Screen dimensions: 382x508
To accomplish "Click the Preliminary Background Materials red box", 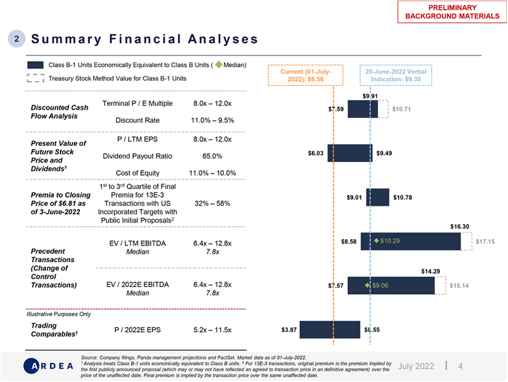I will pos(452,12).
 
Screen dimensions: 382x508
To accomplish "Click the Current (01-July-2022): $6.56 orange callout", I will pos(305,75).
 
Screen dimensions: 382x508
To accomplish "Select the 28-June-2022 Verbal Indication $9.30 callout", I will pos(396,75).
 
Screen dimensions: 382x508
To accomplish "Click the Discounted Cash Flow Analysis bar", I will pos(362,109).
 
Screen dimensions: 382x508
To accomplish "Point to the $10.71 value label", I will pos(402,110).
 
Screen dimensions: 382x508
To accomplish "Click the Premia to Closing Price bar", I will pos(378,197).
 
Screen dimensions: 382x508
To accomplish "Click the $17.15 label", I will pos(485,242).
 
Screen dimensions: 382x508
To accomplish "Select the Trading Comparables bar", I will pos(330,330).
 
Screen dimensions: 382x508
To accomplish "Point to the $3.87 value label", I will pos(289,330).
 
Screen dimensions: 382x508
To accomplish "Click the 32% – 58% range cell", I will pos(212,203).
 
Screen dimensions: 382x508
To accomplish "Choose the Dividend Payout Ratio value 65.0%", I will pos(212,156).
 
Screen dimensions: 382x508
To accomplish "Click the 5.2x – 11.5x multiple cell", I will pos(212,331).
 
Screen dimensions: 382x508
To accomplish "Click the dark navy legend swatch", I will pos(35,65).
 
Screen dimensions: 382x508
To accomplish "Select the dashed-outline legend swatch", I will pos(35,78).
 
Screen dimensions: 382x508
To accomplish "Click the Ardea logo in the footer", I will pos(48,366).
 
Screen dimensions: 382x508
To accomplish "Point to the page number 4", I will pos(460,366).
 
